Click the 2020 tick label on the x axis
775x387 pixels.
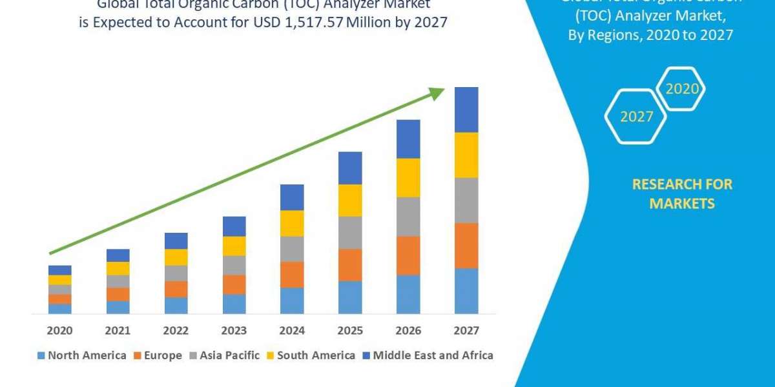click(59, 331)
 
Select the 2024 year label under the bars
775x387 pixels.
click(292, 331)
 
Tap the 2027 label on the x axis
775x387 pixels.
click(466, 331)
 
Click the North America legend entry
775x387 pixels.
click(82, 355)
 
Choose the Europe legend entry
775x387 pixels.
click(158, 355)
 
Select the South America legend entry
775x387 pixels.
click(310, 355)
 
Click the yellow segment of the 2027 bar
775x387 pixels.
click(466, 155)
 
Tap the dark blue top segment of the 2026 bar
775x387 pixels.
click(408, 139)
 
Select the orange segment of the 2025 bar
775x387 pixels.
click(350, 264)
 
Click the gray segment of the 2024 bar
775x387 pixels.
click(292, 249)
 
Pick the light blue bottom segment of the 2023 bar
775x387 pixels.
click(234, 304)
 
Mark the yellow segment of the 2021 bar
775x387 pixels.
click(118, 268)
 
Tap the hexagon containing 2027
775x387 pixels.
click(635, 117)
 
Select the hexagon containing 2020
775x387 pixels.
click(681, 89)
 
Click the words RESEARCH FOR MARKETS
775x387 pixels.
click(682, 194)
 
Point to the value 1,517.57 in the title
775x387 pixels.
click(312, 23)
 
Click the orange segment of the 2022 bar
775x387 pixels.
click(176, 289)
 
